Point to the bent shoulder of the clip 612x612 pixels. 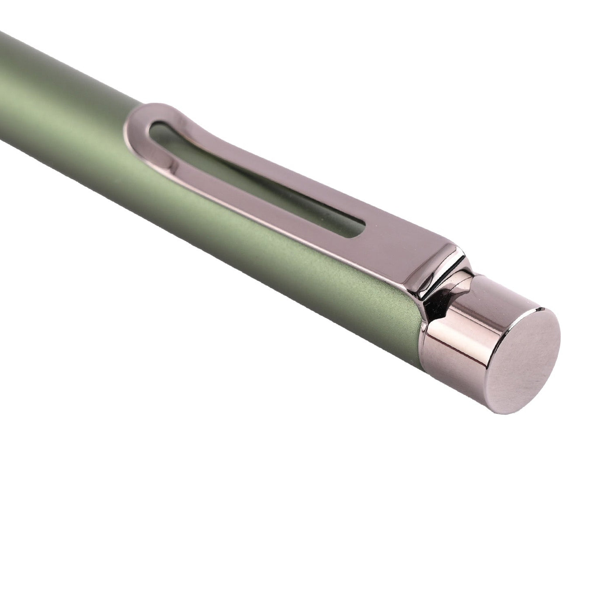click(442, 262)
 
